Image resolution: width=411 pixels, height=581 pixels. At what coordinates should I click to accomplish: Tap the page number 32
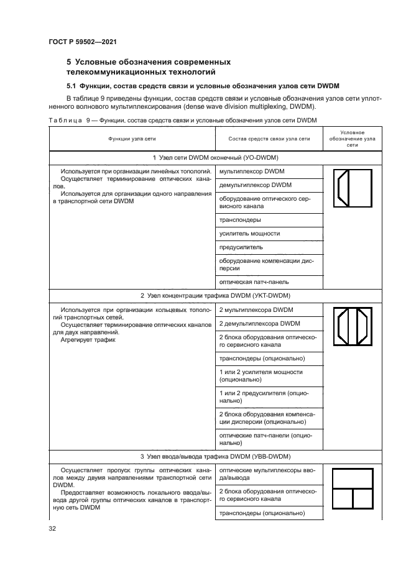pos(53,529)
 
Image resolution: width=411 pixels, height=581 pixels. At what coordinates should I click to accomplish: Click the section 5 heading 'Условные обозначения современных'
pos(149,62)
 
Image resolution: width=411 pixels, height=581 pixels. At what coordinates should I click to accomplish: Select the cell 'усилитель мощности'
pos(249,234)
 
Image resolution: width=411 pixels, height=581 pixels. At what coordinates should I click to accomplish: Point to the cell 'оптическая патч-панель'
pos(255,281)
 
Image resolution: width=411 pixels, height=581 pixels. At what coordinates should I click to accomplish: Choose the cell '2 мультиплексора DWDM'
pos(256,309)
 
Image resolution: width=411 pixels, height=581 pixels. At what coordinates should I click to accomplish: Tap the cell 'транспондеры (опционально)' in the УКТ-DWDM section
pos(261,359)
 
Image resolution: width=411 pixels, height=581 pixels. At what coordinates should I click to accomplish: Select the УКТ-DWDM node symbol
pos(353,327)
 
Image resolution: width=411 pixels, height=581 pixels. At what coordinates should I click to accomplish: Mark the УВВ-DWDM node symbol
pos(353,489)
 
